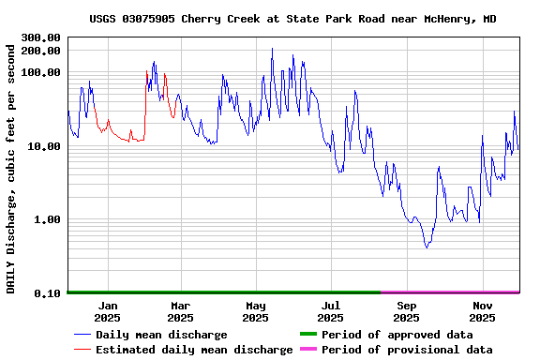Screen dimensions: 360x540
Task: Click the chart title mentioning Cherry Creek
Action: tap(292, 19)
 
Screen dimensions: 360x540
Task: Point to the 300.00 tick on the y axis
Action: tap(40, 37)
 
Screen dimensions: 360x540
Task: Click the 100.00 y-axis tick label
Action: tap(40, 72)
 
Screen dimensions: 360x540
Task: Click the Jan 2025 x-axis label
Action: tap(108, 311)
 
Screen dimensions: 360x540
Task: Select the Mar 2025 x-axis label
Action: tap(181, 311)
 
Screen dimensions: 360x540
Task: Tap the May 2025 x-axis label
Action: tap(256, 311)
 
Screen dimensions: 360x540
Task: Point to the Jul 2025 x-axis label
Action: tap(331, 311)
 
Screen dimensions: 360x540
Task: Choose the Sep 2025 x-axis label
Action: tap(407, 311)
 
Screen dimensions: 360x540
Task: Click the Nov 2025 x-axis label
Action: tap(482, 311)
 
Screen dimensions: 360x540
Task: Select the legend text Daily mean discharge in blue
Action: tap(161, 335)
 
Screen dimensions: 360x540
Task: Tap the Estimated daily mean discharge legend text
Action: tap(194, 350)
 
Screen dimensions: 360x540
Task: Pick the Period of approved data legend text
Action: tap(397, 335)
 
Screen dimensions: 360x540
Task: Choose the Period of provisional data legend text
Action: tap(407, 350)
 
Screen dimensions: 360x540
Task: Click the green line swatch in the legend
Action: tap(307, 334)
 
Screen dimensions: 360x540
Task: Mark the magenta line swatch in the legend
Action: tap(307, 349)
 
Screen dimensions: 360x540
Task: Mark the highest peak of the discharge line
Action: tap(272, 49)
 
